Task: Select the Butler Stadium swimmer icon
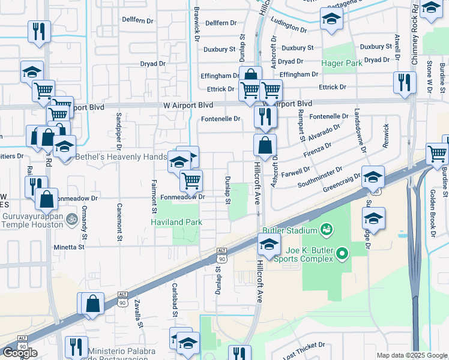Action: [326, 229]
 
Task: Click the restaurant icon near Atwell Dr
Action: [405, 82]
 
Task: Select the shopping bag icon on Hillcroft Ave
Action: [265, 145]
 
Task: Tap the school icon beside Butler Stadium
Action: [269, 244]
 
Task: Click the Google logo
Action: [20, 353]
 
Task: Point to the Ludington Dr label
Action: [289, 28]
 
